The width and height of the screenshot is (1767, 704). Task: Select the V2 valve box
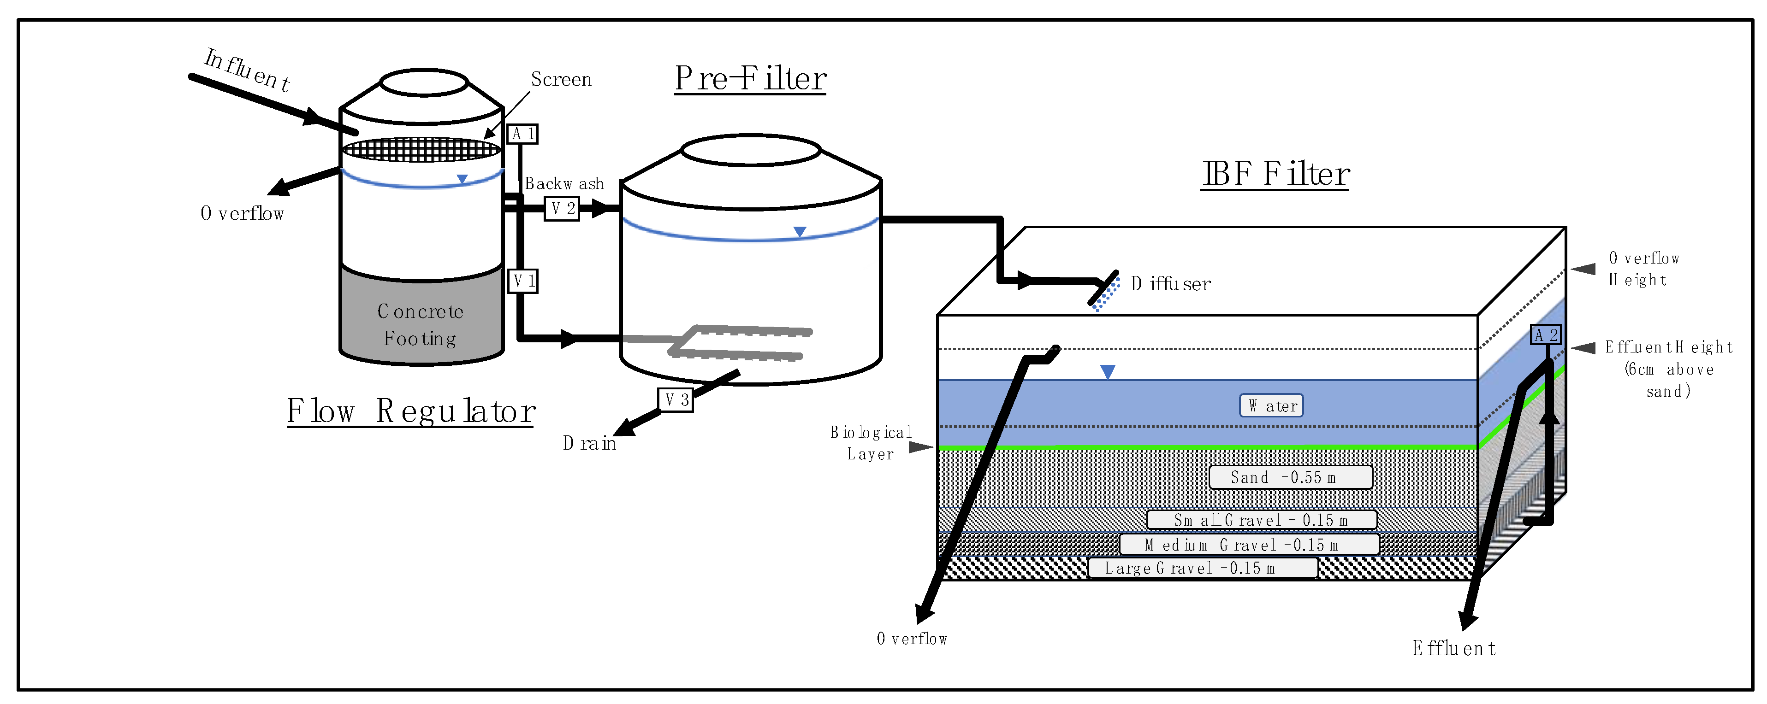[562, 208]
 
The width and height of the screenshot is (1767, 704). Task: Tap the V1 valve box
[523, 281]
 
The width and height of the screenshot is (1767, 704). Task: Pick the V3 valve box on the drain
[676, 399]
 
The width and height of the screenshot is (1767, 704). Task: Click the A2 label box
[1546, 334]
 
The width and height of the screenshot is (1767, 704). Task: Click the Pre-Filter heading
[750, 79]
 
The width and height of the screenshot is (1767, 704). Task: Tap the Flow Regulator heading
[410, 411]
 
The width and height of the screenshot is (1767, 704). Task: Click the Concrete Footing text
[421, 325]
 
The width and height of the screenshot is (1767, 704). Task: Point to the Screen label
[561, 80]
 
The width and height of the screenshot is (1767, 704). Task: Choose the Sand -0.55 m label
[1290, 477]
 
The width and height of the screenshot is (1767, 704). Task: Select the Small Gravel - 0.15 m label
[1261, 520]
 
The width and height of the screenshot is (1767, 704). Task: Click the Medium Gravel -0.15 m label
[1248, 545]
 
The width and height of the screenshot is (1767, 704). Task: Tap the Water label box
[1271, 406]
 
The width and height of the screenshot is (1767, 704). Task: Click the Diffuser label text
[1170, 284]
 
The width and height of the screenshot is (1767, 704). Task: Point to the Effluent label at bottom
[1453, 648]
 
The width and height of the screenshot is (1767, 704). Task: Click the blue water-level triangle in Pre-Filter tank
[799, 232]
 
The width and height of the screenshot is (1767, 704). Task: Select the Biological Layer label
[871, 443]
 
